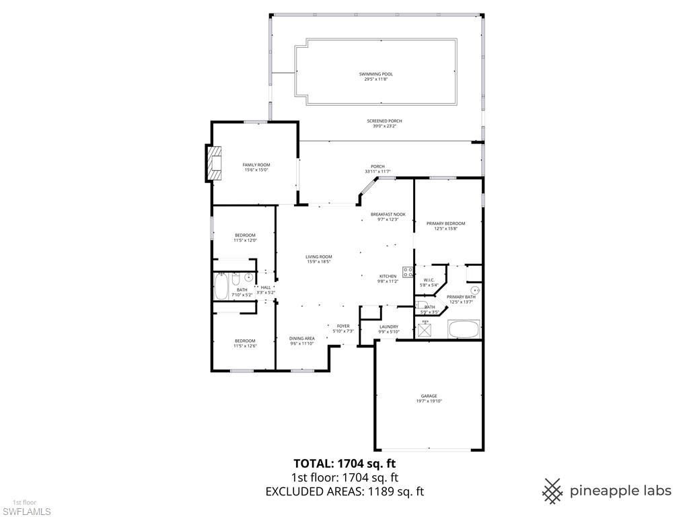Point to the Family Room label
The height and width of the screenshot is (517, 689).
tap(256, 167)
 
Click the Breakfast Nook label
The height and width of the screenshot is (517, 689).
tap(388, 216)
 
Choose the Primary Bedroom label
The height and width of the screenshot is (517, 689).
tap(445, 226)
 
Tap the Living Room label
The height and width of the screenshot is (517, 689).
tap(319, 258)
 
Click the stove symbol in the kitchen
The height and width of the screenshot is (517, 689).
tap(407, 272)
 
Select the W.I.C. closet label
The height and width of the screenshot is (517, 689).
tap(429, 283)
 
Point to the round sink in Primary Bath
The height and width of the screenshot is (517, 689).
tap(474, 289)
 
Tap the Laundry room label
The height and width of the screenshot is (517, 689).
tap(388, 329)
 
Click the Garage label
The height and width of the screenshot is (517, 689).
tap(429, 398)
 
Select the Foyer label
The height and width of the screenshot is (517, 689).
tap(343, 329)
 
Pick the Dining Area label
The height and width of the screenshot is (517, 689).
tap(302, 341)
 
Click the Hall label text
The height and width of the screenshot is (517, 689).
tap(266, 289)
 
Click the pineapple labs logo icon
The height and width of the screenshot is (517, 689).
tap(552, 490)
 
